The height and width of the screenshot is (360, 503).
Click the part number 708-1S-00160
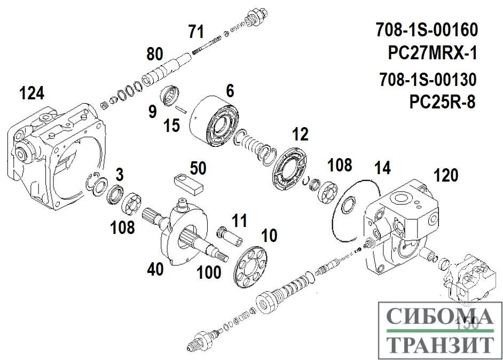pyautogui.click(x=426, y=29)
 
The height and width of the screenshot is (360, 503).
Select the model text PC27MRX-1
pyautogui.click(x=433, y=53)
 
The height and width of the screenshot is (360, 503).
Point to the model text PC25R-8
pyautogui.click(x=442, y=101)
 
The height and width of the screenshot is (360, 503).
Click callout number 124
pyautogui.click(x=32, y=93)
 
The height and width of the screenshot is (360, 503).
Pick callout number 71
pyautogui.click(x=196, y=32)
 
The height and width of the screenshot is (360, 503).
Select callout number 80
pyautogui.click(x=154, y=54)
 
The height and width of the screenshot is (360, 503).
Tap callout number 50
pyautogui.click(x=198, y=169)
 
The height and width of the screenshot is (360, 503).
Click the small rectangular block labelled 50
pyautogui.click(x=189, y=183)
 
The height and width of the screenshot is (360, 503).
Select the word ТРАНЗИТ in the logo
pyautogui.click(x=439, y=345)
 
